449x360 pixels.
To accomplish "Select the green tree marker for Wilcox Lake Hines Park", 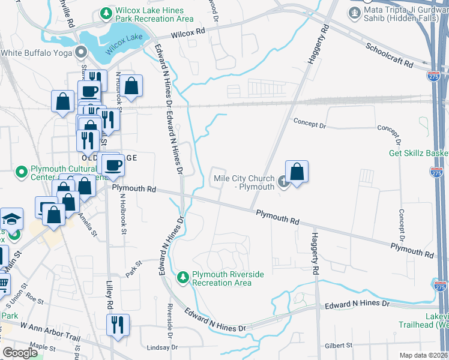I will click(106, 13).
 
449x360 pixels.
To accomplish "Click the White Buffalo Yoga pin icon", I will click(81, 53).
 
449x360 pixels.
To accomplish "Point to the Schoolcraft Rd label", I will click(389, 55).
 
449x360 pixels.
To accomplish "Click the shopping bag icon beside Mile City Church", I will click(297, 172).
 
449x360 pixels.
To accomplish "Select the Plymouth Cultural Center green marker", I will click(22, 172).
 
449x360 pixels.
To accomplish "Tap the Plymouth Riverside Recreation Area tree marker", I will click(183, 277).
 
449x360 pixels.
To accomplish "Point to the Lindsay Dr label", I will click(163, 347).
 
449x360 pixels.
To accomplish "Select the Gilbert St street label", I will click(340, 345).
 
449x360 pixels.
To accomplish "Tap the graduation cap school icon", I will click(11, 220).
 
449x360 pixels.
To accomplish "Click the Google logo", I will click(20, 352).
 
